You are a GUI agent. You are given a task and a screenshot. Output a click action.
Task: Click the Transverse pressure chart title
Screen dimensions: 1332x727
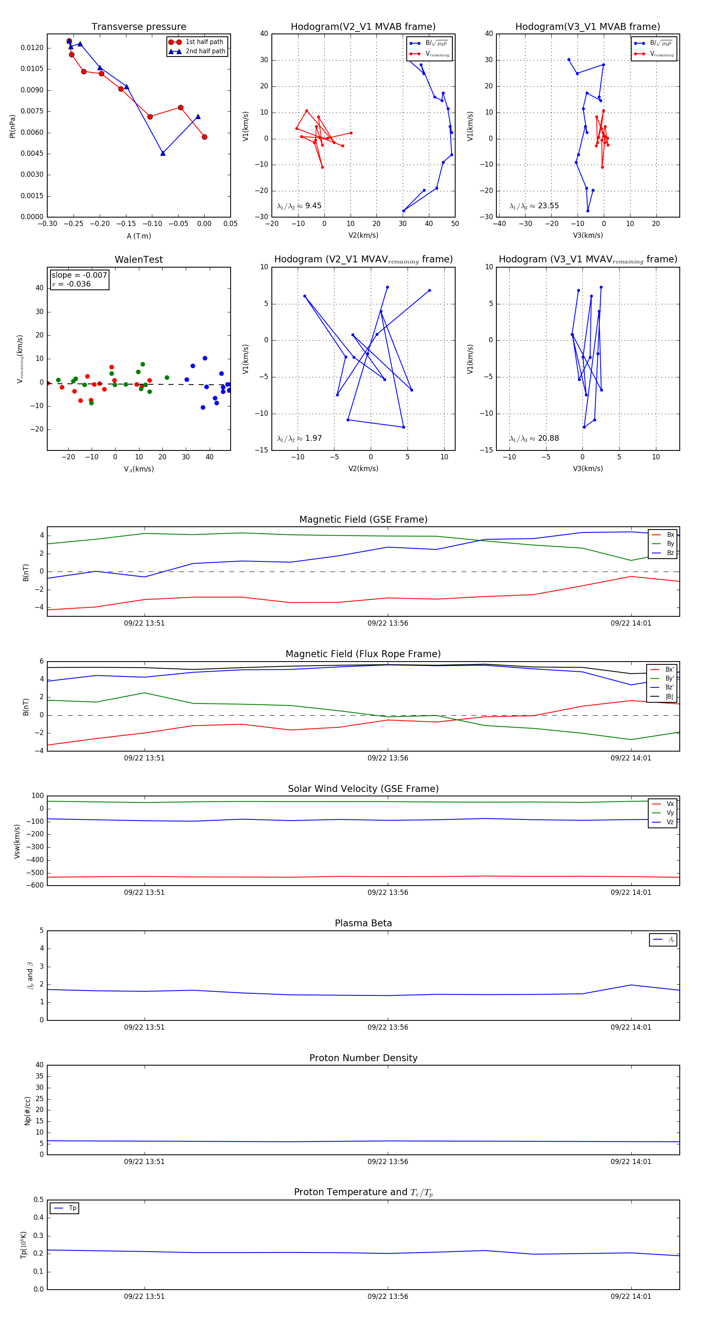click(x=139, y=27)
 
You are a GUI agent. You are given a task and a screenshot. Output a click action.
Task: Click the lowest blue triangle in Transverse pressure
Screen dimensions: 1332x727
click(x=163, y=153)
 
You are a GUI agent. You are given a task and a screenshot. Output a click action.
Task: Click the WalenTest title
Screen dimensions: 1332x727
click(x=139, y=260)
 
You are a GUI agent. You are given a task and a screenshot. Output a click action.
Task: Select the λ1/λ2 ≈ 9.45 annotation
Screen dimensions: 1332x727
click(x=299, y=206)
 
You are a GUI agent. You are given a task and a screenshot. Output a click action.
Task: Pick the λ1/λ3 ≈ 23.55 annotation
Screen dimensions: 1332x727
click(x=534, y=206)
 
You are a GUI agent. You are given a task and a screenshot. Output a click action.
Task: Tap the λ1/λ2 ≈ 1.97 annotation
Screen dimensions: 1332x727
click(x=299, y=438)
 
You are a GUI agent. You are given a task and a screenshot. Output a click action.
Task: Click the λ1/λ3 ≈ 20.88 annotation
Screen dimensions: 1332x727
click(x=534, y=438)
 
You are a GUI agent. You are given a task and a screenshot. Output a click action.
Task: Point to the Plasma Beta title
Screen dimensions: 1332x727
click(x=363, y=923)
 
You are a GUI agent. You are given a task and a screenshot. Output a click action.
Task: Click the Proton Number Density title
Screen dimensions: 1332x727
click(x=363, y=1058)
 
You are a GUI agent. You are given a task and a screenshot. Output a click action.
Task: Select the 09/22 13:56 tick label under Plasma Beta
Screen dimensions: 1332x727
click(x=388, y=1027)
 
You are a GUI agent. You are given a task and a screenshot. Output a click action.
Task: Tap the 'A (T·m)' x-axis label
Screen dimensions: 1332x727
click(x=139, y=236)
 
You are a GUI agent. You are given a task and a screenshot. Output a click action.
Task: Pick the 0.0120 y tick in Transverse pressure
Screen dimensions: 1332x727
click(x=32, y=48)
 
